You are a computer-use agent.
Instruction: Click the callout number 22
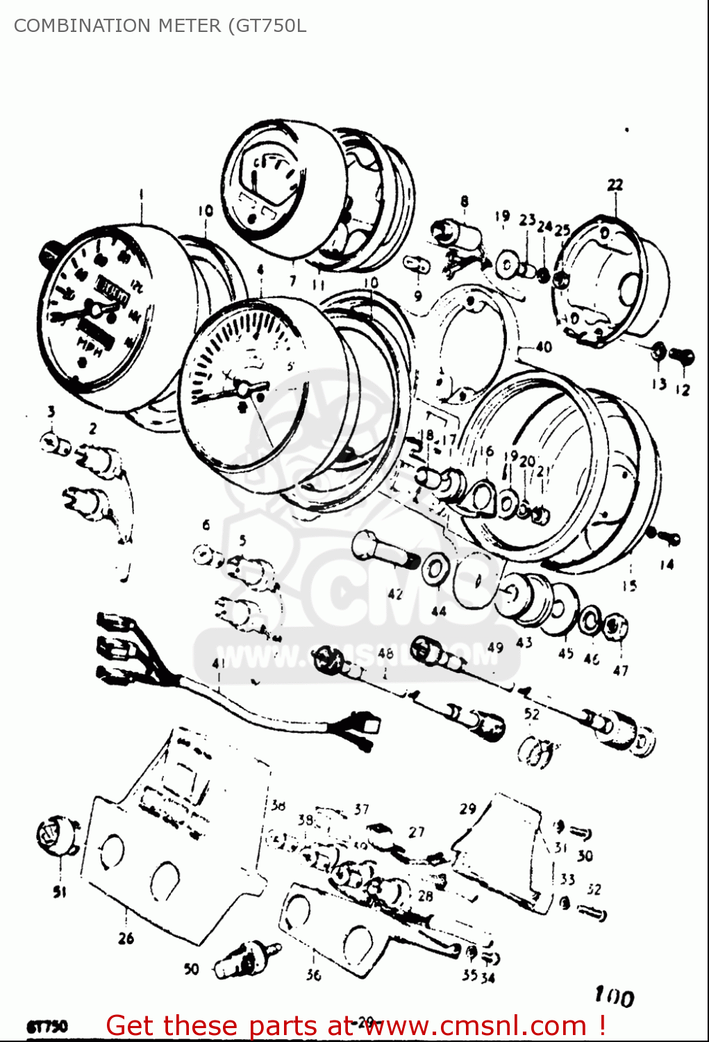615,185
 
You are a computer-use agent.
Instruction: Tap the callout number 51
60,892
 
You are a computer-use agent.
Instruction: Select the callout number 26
126,938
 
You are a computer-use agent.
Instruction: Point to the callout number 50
192,969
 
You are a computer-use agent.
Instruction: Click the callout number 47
620,670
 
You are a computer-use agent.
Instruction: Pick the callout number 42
395,594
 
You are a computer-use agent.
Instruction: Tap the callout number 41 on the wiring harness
219,664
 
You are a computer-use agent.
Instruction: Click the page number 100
614,998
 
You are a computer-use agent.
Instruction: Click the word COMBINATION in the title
82,26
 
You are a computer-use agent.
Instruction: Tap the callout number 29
467,809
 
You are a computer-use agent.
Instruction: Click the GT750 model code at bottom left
47,1027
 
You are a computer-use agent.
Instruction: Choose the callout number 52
531,714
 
